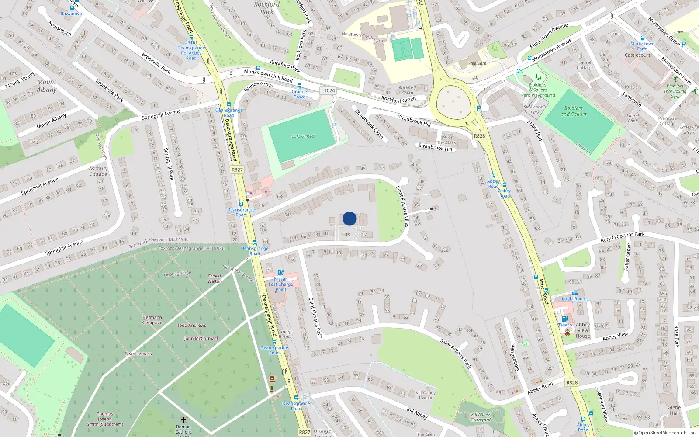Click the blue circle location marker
(x=349, y=218)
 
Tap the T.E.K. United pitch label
(x=302, y=136)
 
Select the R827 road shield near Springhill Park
(x=237, y=170)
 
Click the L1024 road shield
(x=328, y=90)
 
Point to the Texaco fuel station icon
(x=564, y=319)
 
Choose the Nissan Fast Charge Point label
(x=281, y=284)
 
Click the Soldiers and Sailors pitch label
(x=574, y=111)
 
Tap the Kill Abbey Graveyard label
(x=481, y=417)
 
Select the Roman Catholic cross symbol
(x=183, y=420)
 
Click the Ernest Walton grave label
(x=215, y=278)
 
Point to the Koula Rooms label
(x=575, y=299)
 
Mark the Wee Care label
(x=477, y=63)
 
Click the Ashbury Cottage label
(x=98, y=171)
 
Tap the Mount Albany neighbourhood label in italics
(x=47, y=86)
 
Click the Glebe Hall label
(x=674, y=410)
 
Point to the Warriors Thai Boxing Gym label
(x=675, y=91)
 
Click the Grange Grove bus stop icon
(x=299, y=86)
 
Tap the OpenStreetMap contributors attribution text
(x=665, y=433)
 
